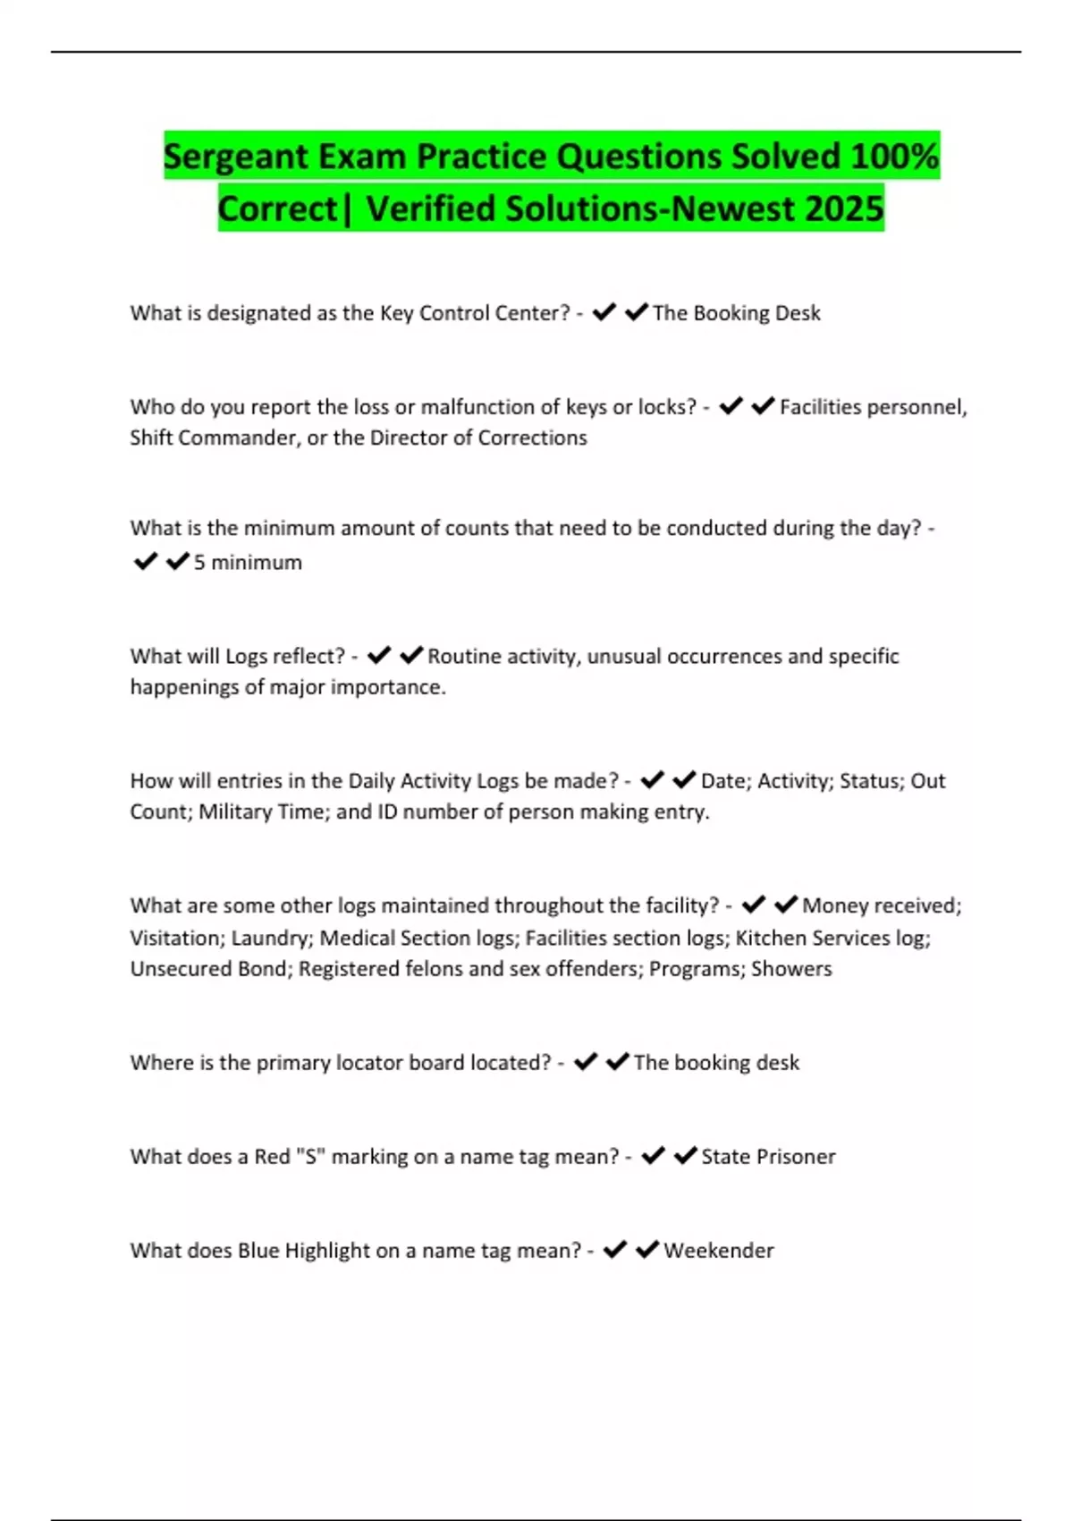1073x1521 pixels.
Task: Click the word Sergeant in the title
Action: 236,157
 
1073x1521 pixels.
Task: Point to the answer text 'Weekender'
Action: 718,1250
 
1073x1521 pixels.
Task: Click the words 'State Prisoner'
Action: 768,1156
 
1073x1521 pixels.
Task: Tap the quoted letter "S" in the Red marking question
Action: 313,1156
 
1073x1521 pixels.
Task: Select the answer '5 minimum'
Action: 248,562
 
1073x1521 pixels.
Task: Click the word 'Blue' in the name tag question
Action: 258,1250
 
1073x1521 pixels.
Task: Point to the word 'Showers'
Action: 791,968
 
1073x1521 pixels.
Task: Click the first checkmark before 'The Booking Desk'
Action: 604,311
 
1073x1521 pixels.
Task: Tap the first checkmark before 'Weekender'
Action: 615,1249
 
